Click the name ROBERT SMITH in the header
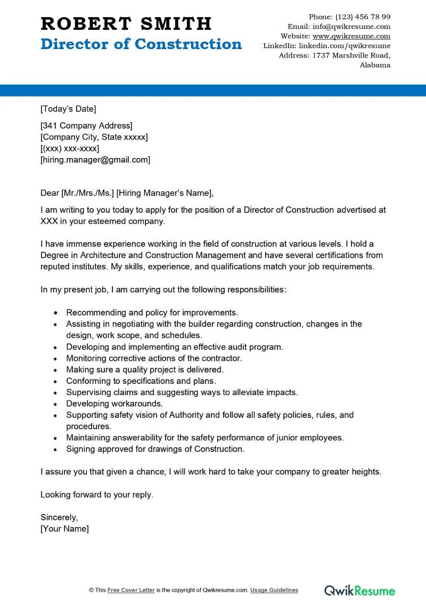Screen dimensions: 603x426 point(126,23)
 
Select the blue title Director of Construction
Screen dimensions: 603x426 point(141,44)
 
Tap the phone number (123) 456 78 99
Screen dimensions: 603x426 point(363,17)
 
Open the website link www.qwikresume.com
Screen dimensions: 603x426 point(351,36)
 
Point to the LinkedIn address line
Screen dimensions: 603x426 point(326,46)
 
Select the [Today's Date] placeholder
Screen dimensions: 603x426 point(68,109)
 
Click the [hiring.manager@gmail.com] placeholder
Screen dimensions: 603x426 point(95,159)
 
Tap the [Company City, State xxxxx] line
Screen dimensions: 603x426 point(94,137)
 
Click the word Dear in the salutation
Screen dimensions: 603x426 point(50,193)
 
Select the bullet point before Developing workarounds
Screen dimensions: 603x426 point(56,404)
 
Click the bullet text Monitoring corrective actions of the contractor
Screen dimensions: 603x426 point(154,358)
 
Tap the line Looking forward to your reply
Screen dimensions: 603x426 point(97,494)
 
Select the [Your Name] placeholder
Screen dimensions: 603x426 point(64,528)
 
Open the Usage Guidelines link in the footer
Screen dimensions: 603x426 point(274,590)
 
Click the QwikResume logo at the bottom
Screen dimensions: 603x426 point(360,590)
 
